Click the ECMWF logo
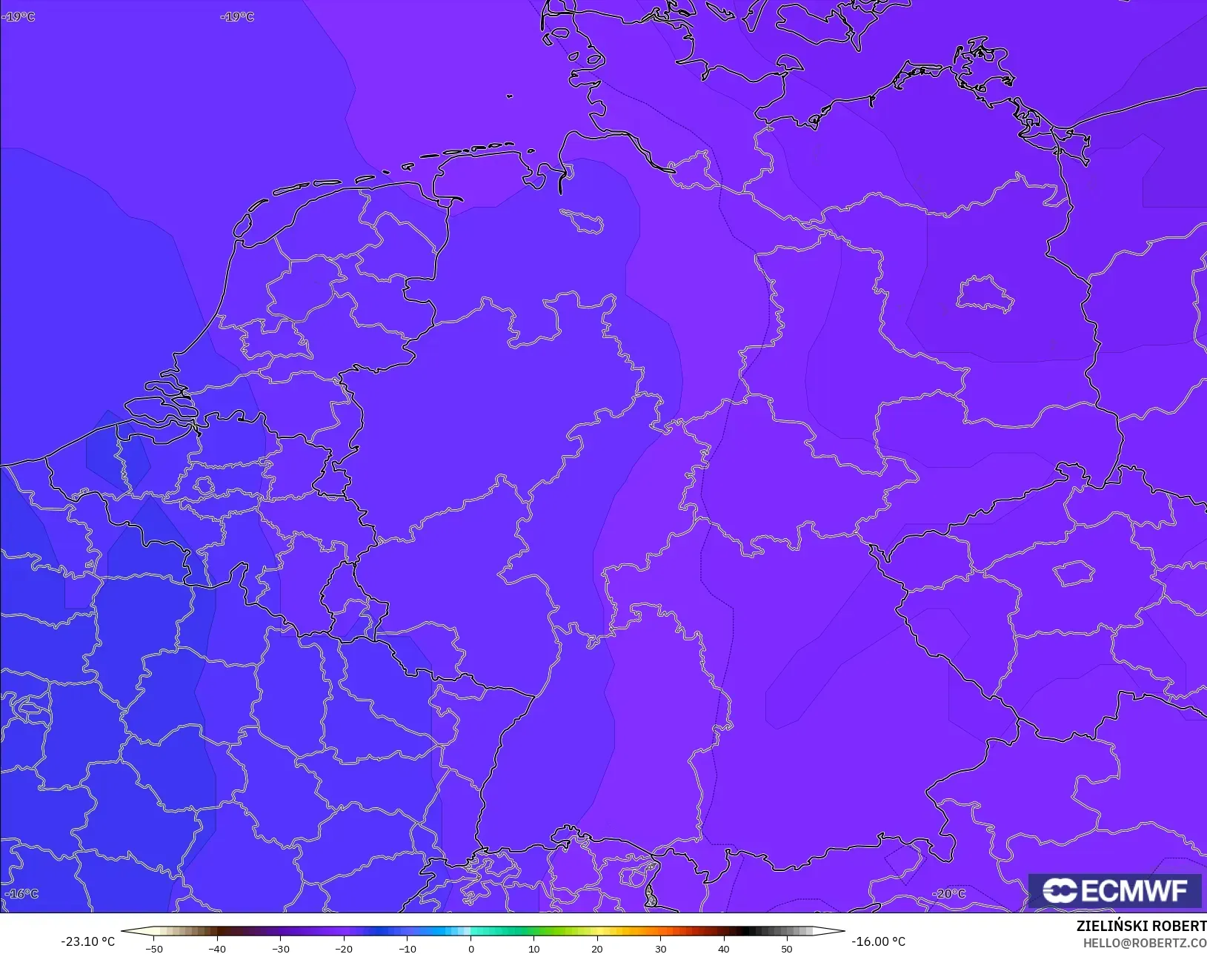tap(1114, 890)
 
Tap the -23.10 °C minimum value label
tap(87, 941)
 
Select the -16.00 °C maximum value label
tap(878, 941)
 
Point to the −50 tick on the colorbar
tap(154, 948)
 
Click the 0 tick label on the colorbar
tap(471, 948)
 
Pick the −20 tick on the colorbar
tap(344, 948)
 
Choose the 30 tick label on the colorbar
tap(660, 948)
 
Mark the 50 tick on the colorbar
tap(787, 948)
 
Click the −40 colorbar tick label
tap(217, 948)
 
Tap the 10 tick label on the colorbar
tap(533, 948)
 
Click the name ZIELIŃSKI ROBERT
tap(1141, 927)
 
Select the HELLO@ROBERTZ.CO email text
tap(1145, 943)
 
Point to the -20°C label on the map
tap(948, 894)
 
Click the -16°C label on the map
tap(21, 894)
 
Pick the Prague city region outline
tap(1074, 573)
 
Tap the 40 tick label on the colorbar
tap(724, 948)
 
